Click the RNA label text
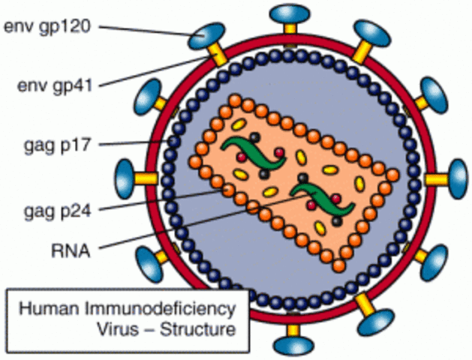coord(68,251)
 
